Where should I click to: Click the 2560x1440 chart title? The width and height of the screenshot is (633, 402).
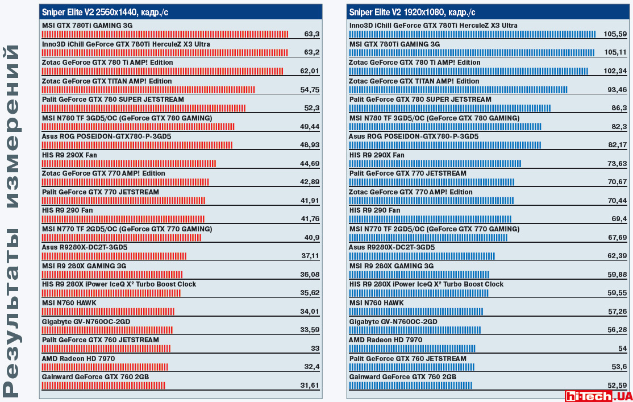[x=105, y=11]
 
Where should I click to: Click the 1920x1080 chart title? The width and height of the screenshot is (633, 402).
[x=412, y=11]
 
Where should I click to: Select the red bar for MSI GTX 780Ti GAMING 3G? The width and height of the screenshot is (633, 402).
[x=165, y=34]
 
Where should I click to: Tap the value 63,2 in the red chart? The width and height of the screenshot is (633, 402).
[x=312, y=53]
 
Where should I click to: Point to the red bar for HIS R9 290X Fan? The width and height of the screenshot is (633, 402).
[x=128, y=164]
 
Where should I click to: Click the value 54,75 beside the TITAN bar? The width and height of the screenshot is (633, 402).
[x=310, y=90]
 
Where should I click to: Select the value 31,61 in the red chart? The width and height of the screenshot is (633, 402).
[x=310, y=386]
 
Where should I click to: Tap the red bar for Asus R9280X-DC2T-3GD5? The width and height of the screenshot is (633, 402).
[x=114, y=256]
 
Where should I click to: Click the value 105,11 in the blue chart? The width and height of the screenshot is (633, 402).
[x=615, y=53]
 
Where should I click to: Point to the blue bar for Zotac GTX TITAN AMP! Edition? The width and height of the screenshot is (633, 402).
[x=458, y=90]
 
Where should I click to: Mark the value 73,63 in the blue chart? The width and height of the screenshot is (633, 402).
[x=617, y=164]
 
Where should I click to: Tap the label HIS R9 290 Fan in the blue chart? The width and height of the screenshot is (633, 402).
[x=374, y=210]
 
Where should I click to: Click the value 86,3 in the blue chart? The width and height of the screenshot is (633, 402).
[x=619, y=108]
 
